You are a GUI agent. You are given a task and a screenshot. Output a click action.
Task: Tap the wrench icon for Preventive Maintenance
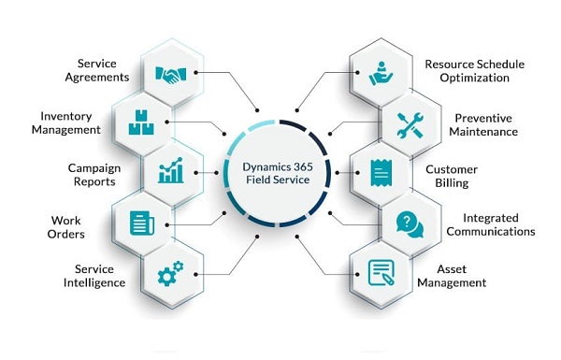click(x=411, y=122)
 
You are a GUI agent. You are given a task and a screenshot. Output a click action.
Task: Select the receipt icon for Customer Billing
click(x=381, y=172)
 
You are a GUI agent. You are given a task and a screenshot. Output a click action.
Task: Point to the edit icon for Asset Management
click(x=381, y=273)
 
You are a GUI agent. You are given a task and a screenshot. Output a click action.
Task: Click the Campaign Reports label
click(x=96, y=174)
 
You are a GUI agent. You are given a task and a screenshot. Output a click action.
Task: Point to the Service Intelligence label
click(x=95, y=277)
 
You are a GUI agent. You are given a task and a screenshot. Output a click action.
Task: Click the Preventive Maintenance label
click(x=485, y=124)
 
